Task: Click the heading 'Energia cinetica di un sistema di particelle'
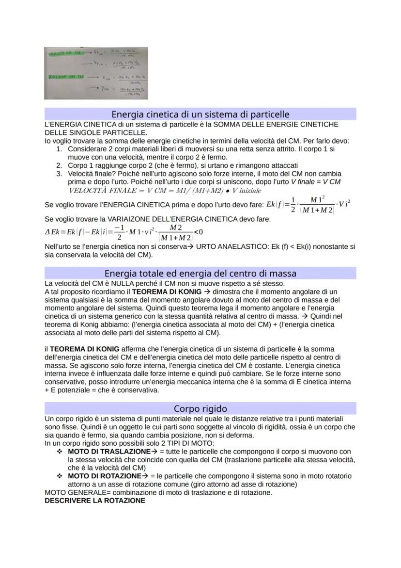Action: click(200, 114)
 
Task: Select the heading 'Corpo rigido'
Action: click(200, 408)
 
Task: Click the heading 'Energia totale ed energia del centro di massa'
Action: click(200, 273)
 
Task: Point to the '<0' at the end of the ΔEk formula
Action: click(198, 231)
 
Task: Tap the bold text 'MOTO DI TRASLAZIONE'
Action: click(104, 451)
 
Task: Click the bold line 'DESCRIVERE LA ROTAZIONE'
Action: click(94, 501)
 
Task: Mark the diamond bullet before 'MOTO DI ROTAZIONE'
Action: click(60, 476)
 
